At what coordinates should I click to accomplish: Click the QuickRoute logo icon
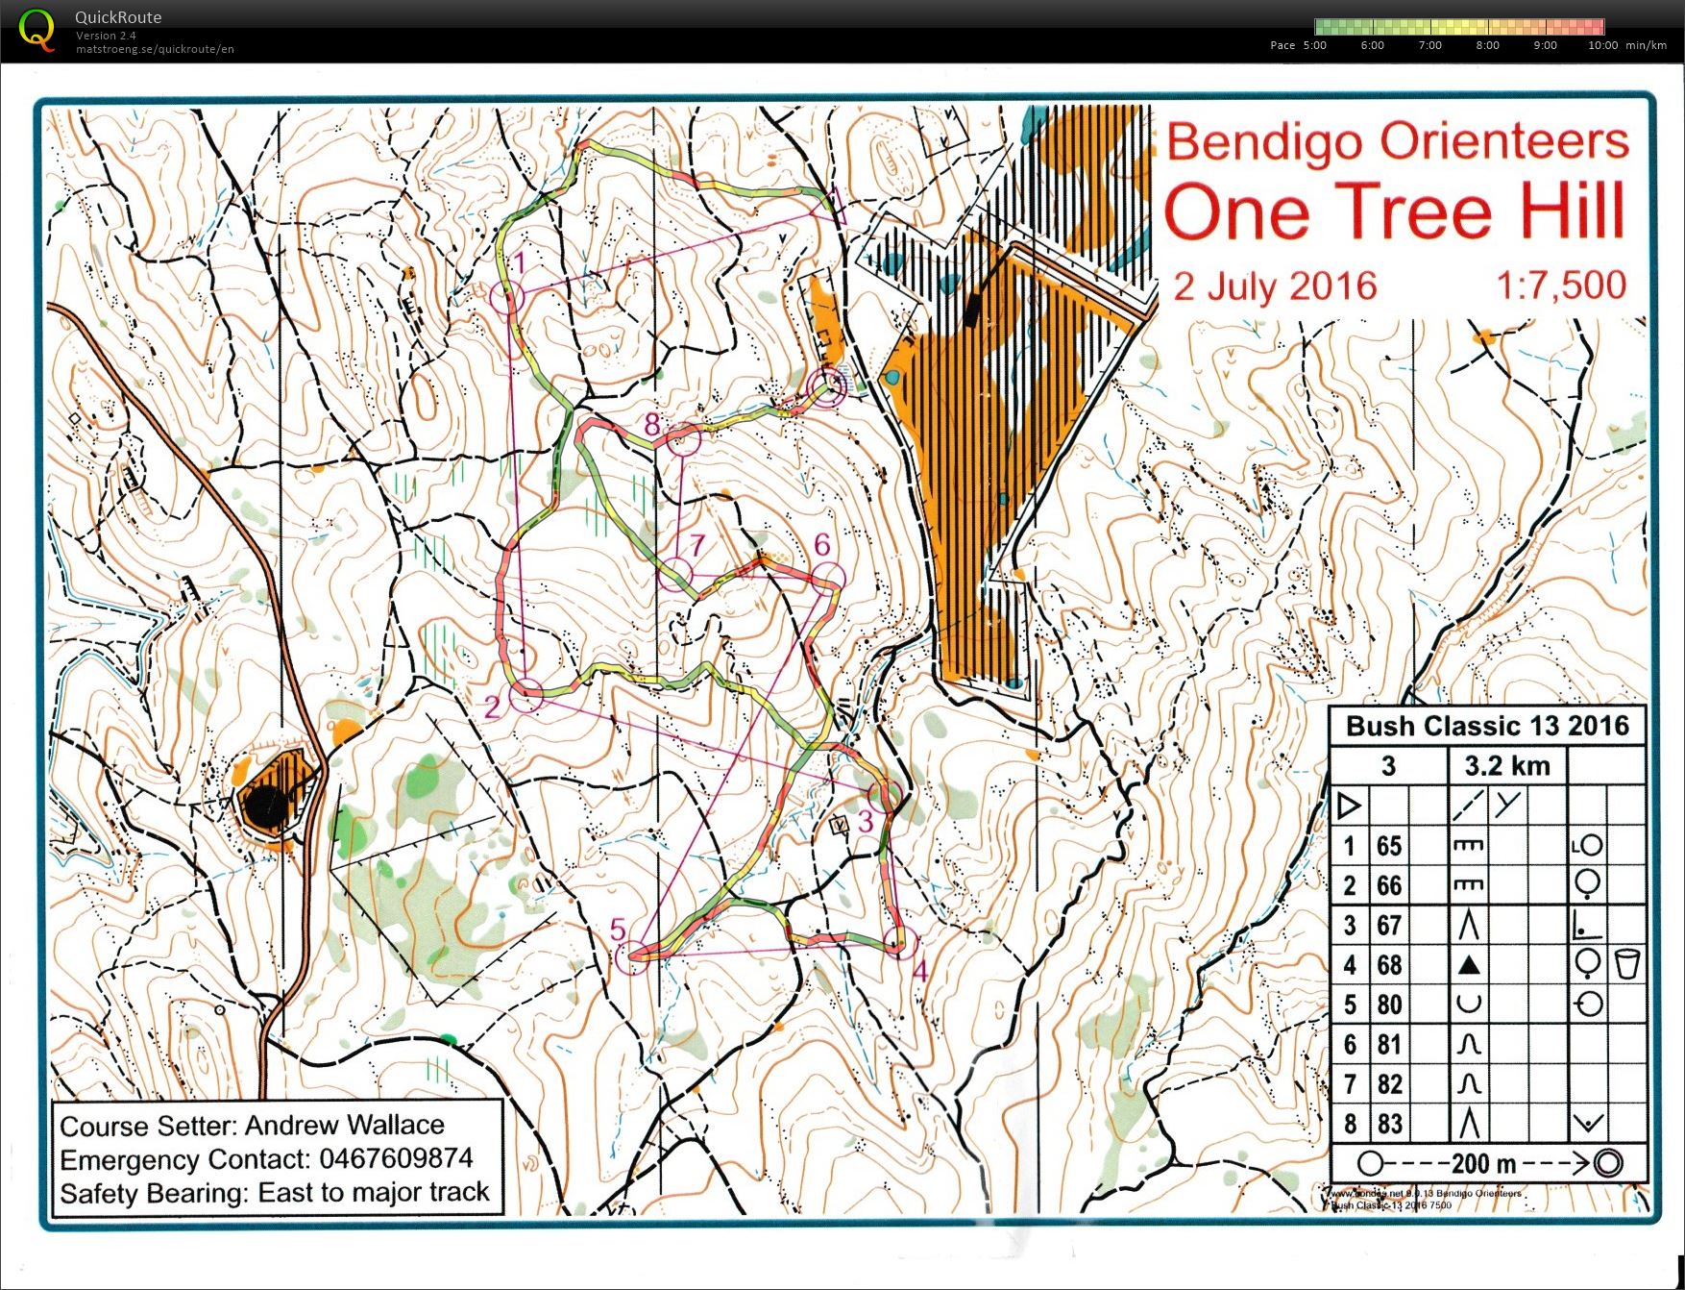pos(37,29)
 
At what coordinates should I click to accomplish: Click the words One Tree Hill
pos(1394,212)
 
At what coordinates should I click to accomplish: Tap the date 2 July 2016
pos(1275,286)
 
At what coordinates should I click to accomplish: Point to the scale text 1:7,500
pos(1560,285)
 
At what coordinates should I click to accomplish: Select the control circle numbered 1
pos(507,297)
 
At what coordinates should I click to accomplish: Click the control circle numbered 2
pos(526,694)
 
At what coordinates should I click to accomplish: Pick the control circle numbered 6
pos(827,578)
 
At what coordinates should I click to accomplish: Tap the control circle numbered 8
pos(683,440)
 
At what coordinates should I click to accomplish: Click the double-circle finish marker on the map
pos(828,386)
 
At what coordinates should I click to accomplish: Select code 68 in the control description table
pos(1389,965)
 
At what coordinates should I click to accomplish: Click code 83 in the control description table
pos(1389,1124)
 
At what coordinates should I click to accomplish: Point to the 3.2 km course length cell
pos(1506,766)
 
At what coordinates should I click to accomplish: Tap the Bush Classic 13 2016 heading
pos(1487,726)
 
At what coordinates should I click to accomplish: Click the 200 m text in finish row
pos(1483,1164)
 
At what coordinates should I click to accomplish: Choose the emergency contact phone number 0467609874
pos(395,1158)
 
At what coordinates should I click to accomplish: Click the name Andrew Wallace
pos(344,1125)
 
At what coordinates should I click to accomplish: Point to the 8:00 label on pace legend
pos(1487,45)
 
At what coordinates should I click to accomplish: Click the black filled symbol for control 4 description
pos(1468,965)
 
